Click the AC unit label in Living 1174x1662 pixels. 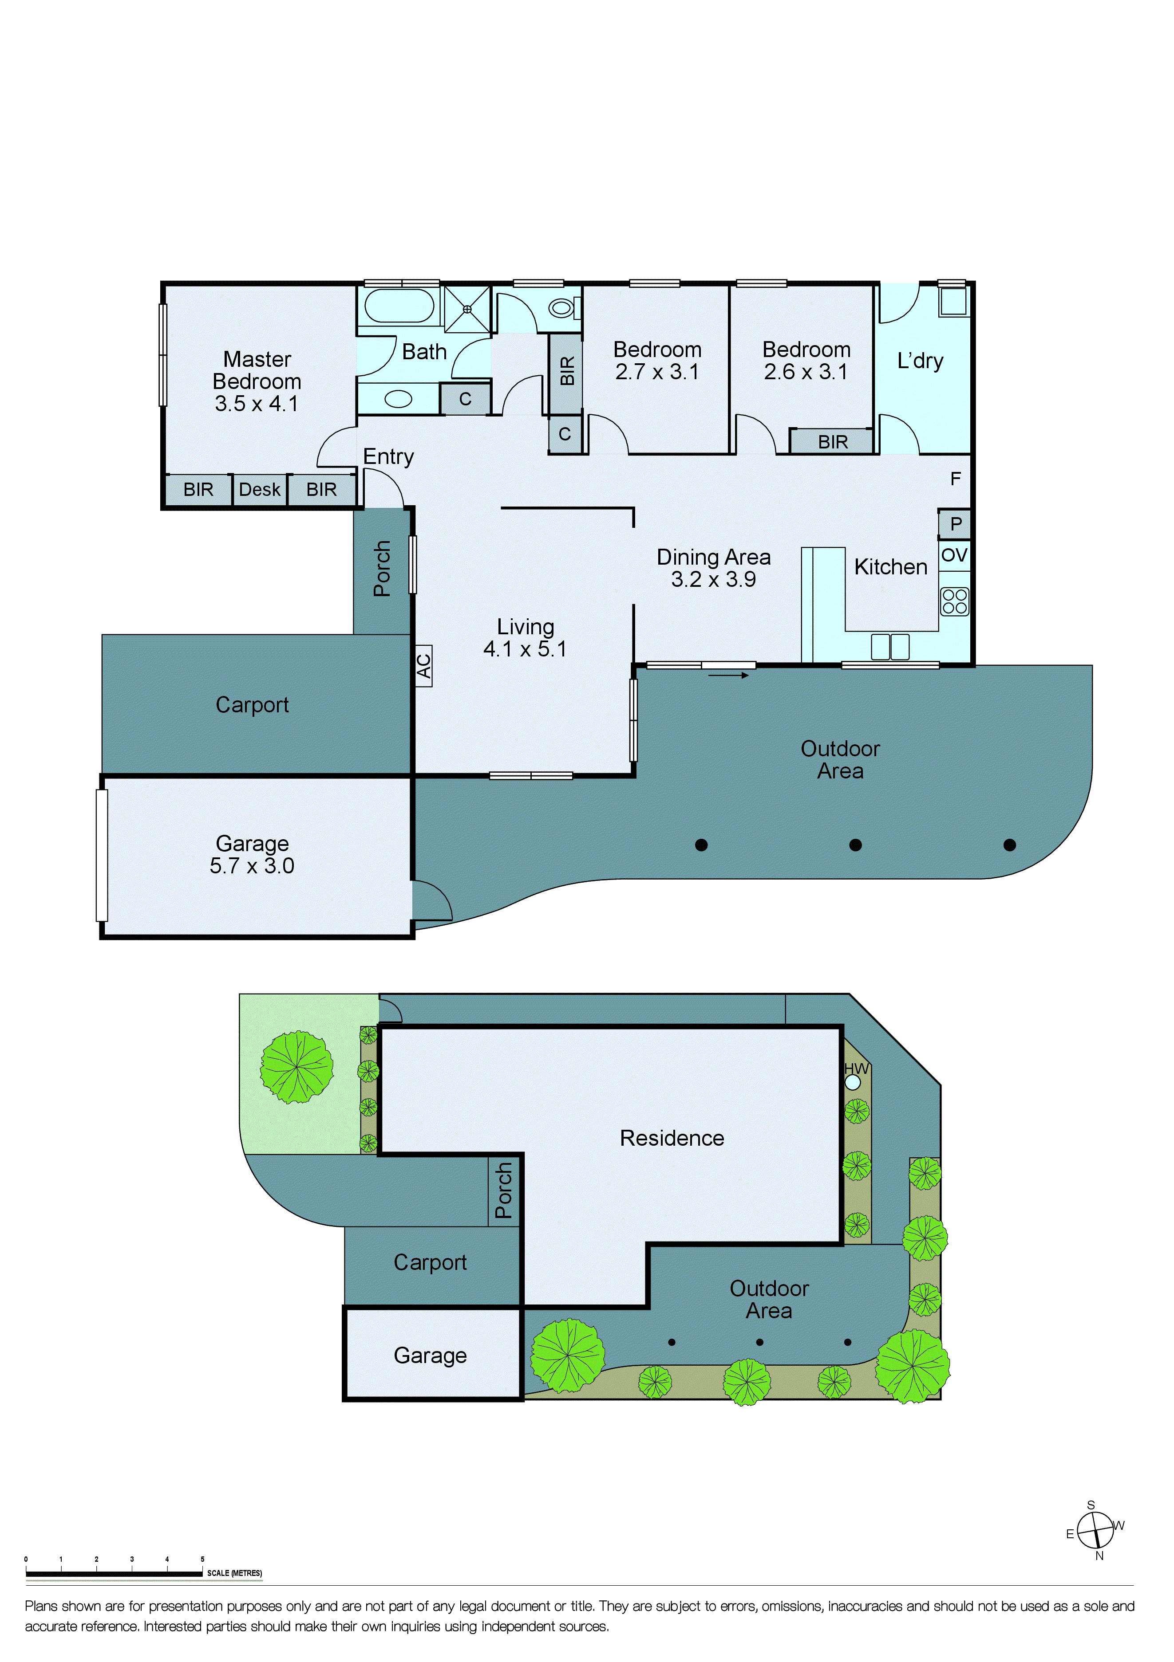(424, 665)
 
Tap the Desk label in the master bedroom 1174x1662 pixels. (259, 490)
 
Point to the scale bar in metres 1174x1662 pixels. (114, 1573)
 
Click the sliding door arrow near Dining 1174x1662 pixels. (728, 676)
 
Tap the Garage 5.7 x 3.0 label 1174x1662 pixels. (252, 854)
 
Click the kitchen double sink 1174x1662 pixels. (889, 646)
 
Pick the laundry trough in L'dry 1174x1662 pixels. (953, 300)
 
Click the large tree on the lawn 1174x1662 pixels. (297, 1067)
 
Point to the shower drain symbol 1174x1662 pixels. (467, 309)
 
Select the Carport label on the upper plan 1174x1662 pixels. (252, 704)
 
